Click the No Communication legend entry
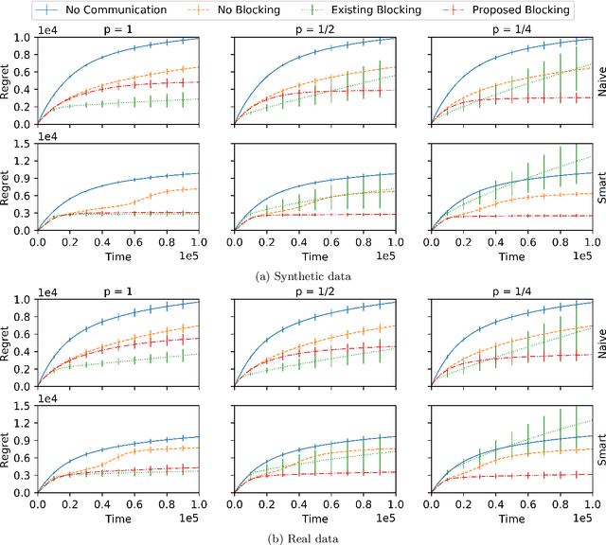pyautogui.click(x=91, y=10)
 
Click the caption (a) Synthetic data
pyautogui.click(x=304, y=274)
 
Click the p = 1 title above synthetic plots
pyautogui.click(x=118, y=30)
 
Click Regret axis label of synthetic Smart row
pyautogui.click(x=9, y=186)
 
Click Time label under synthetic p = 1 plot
pyautogui.click(x=118, y=255)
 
